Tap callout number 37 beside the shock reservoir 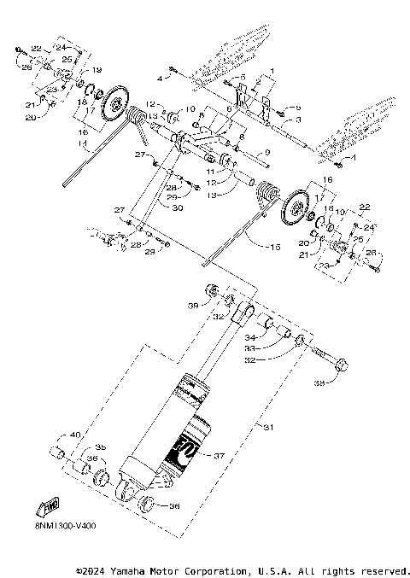(219, 456)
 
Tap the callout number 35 (100, 447)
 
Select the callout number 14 (83, 145)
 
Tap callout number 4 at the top (159, 79)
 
